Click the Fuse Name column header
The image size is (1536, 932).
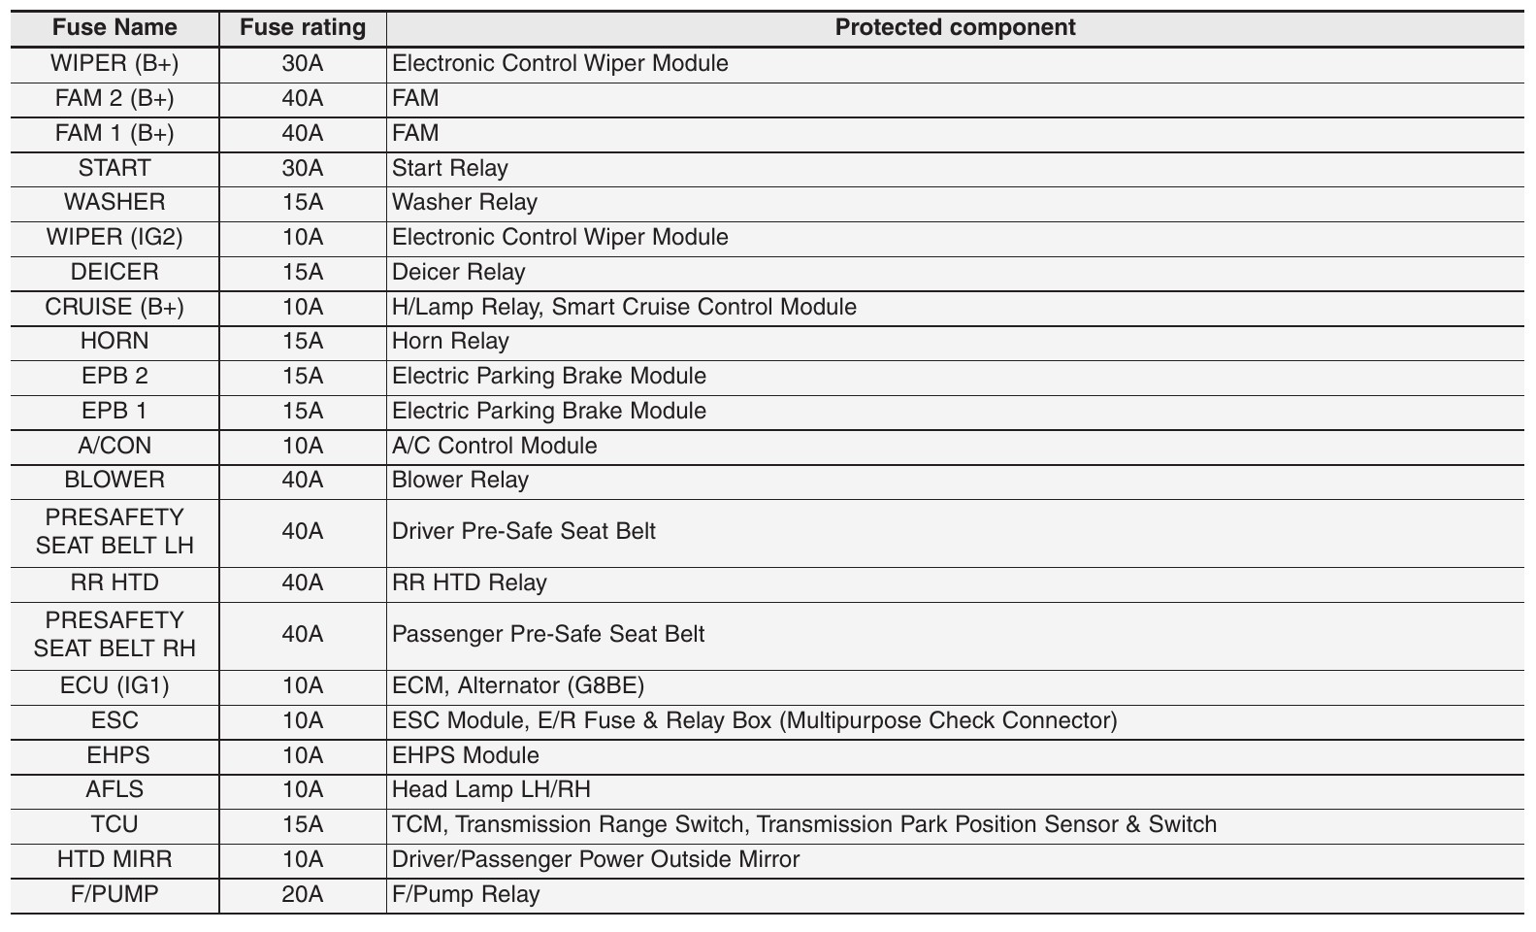114,27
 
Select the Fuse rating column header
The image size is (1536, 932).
303,27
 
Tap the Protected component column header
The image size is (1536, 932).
955,27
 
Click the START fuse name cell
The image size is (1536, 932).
114,168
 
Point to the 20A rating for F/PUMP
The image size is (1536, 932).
303,894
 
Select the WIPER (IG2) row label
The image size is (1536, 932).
114,237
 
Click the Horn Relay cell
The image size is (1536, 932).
450,341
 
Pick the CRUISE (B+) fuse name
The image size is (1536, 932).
114,307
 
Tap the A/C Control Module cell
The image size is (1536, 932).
494,446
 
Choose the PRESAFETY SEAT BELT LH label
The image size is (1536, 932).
114,531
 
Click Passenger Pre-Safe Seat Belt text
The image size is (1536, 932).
548,634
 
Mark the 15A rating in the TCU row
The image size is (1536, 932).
303,824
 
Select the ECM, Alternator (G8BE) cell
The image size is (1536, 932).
517,685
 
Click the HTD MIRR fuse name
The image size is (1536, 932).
114,859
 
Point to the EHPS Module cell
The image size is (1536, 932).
465,755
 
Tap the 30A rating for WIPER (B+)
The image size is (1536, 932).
303,63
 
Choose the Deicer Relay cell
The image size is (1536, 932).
458,272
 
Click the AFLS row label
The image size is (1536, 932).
114,789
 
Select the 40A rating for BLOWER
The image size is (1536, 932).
303,480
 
